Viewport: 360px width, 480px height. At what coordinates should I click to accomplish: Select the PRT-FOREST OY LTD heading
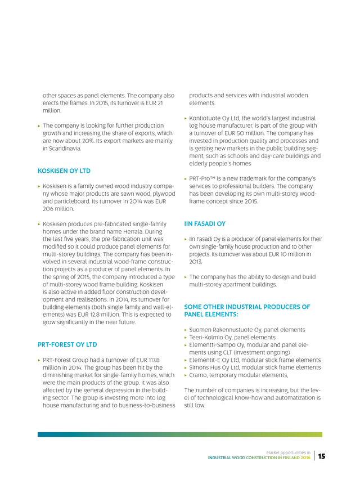tap(67, 343)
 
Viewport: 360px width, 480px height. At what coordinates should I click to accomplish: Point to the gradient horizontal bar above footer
tap(180, 434)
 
